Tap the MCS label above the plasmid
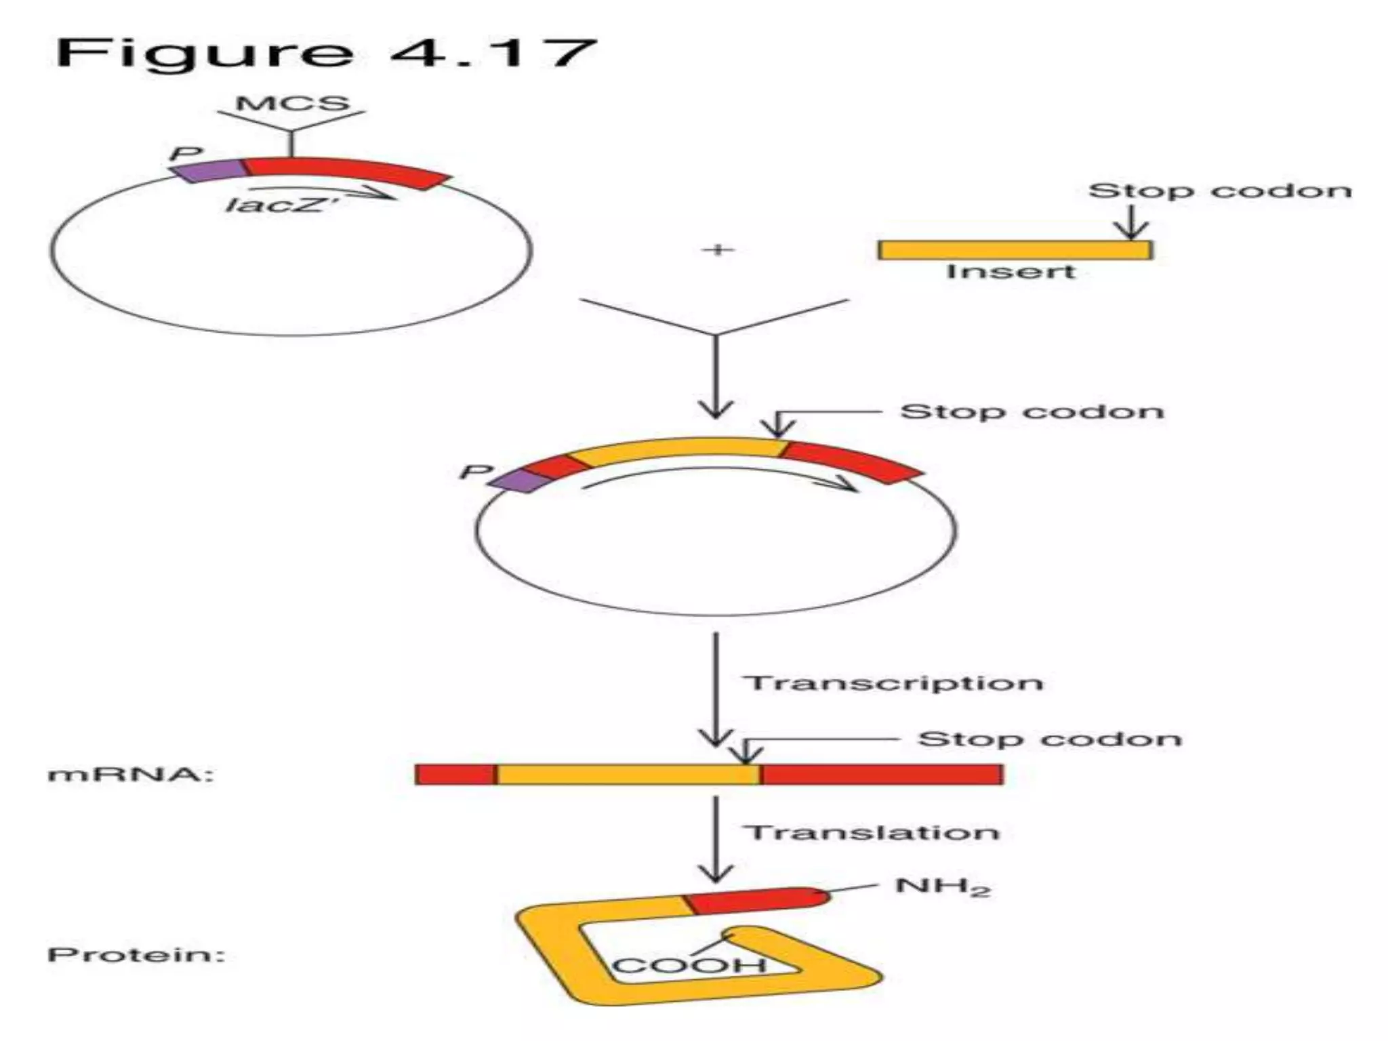(292, 104)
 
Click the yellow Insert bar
(1015, 250)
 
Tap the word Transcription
(894, 682)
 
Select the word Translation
(872, 832)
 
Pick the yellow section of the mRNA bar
(627, 774)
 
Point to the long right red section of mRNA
(881, 774)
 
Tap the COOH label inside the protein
(689, 965)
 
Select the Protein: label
(136, 956)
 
